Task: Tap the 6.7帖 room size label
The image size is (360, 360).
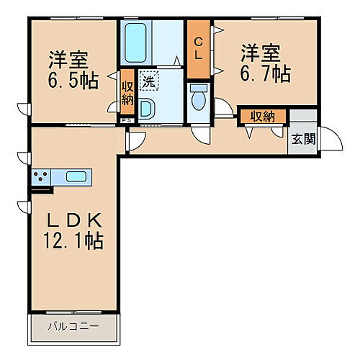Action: tap(265, 74)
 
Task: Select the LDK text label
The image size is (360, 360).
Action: tap(74, 220)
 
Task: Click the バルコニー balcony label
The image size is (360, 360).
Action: tap(73, 328)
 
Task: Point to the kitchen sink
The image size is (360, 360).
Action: tap(76, 176)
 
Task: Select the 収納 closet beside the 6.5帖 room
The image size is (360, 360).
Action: tap(127, 91)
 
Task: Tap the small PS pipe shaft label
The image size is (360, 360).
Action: tap(126, 120)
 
